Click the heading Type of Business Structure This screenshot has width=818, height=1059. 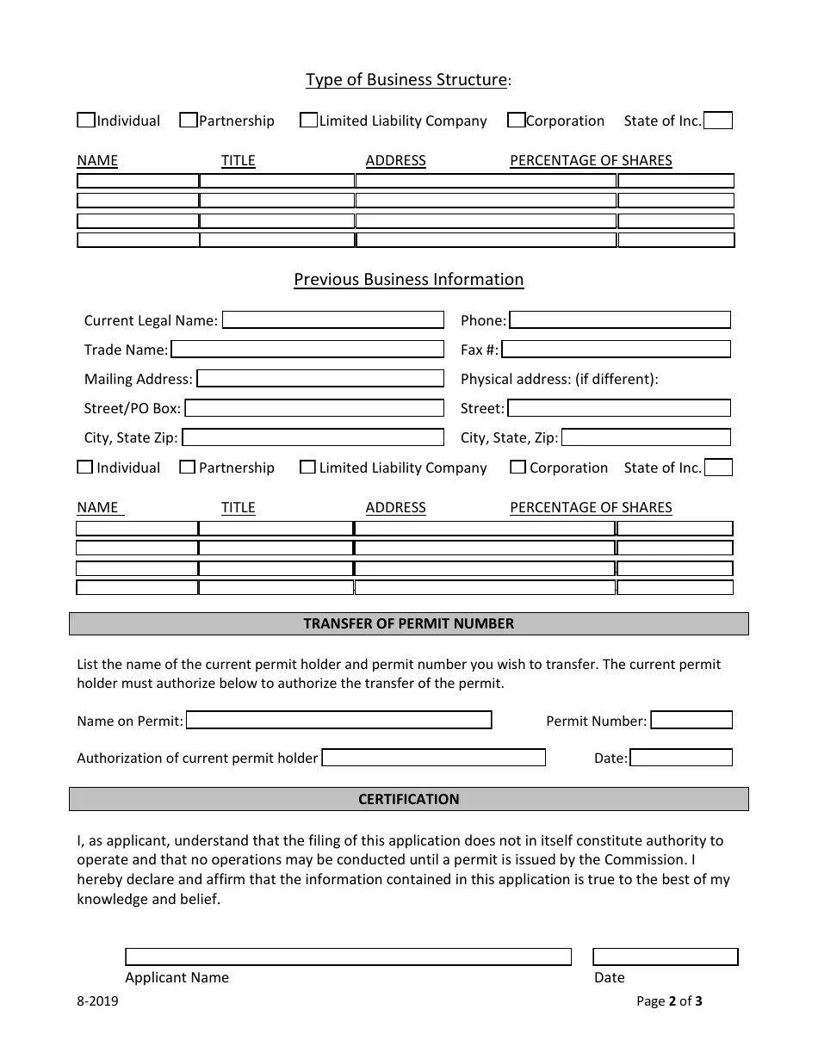coord(407,80)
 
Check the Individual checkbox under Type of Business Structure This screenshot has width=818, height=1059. coord(86,121)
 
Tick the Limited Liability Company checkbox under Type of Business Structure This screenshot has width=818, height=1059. coord(308,121)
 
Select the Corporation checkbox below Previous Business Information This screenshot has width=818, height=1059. coord(517,468)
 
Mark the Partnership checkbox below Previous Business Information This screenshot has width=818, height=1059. coord(188,468)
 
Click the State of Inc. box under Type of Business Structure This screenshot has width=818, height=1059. coord(718,121)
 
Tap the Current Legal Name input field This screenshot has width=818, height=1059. coord(333,320)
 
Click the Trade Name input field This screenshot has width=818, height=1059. coord(307,350)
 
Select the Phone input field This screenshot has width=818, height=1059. coord(620,320)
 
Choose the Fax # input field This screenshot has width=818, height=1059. coord(617,350)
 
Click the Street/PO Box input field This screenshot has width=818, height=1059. coord(314,408)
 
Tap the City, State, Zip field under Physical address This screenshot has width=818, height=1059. coord(646,437)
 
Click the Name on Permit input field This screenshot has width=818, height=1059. coord(339,720)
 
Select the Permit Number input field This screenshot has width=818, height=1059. coord(691,720)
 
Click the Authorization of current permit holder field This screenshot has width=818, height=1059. coord(434,758)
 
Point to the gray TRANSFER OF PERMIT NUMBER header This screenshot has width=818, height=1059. coord(408,623)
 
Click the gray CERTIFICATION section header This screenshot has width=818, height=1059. coord(408,799)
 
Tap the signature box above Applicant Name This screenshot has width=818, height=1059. coord(348,957)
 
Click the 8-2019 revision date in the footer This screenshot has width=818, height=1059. coord(98,1000)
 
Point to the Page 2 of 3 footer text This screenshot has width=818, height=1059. coord(669,1000)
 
